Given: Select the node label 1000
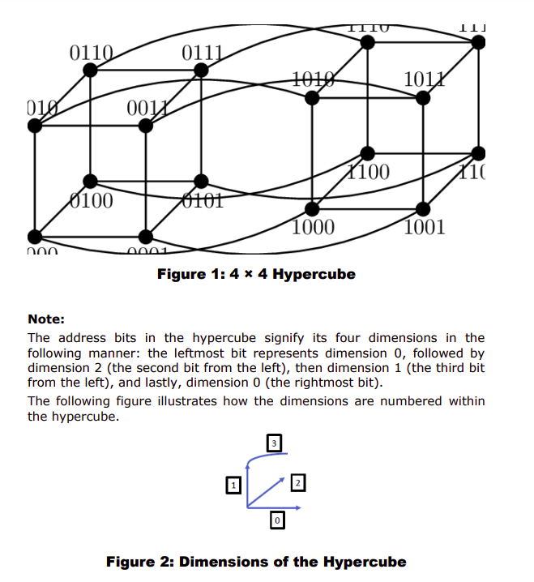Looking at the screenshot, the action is click(313, 227).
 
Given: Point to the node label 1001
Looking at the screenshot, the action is click(424, 227).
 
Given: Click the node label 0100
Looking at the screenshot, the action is click(91, 200).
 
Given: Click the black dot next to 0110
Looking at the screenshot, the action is click(91, 71).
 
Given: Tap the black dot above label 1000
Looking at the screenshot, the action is click(312, 208).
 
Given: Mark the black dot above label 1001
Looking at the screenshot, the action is click(423, 208).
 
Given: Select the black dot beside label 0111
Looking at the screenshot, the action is click(201, 71).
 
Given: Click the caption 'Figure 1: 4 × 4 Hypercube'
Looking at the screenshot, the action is click(256, 274).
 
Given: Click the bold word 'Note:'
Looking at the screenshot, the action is click(46, 319).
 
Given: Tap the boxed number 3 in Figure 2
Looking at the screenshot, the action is click(275, 443).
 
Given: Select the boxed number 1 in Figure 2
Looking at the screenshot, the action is click(233, 485).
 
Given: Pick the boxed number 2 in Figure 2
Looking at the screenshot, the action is click(297, 483).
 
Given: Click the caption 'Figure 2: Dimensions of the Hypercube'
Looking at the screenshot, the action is click(256, 562).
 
